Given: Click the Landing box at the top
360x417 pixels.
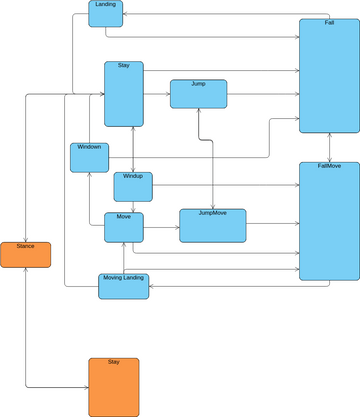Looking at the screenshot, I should pos(105,13).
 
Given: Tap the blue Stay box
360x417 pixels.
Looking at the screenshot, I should pos(125,94).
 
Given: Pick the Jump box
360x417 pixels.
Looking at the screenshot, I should pos(198,93).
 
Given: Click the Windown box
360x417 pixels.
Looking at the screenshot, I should pos(89,157).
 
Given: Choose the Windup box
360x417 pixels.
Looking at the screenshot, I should pos(132,187).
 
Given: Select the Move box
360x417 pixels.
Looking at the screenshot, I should pos(124,227).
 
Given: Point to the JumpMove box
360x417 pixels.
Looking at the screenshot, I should pos(212,225).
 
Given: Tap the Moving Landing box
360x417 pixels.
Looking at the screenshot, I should pos(124,286).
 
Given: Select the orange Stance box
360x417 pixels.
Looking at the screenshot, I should pos(25,254).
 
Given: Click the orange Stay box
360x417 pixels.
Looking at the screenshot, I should pos(114,387).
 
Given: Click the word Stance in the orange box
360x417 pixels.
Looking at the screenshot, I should pos(25,246).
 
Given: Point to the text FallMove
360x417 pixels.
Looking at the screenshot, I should pos(329,166).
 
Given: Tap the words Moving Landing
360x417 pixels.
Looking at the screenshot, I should pos(124,278).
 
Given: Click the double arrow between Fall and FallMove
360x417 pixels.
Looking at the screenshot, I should pos(329,147).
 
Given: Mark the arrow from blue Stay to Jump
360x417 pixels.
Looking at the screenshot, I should pos(157,94).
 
